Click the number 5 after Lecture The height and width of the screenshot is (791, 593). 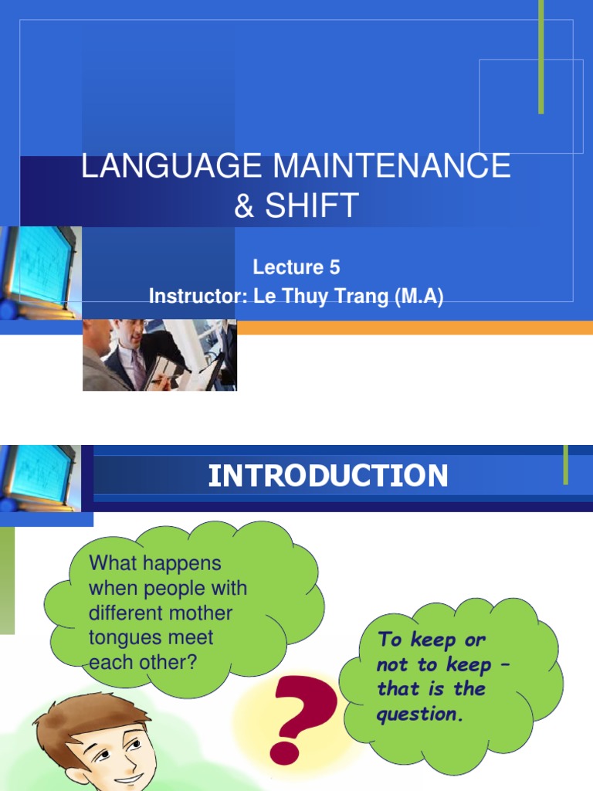(x=334, y=267)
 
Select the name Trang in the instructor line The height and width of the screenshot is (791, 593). (x=360, y=297)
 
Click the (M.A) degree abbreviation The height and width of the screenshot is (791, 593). (x=417, y=297)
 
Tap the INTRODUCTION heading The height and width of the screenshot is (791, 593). (x=327, y=476)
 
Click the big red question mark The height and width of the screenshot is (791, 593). (x=303, y=715)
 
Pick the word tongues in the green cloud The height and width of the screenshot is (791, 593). (x=124, y=638)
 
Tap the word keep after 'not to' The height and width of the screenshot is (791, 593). (x=465, y=664)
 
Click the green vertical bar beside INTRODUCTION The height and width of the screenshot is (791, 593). (x=566, y=464)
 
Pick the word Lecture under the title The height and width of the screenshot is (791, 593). (x=286, y=267)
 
